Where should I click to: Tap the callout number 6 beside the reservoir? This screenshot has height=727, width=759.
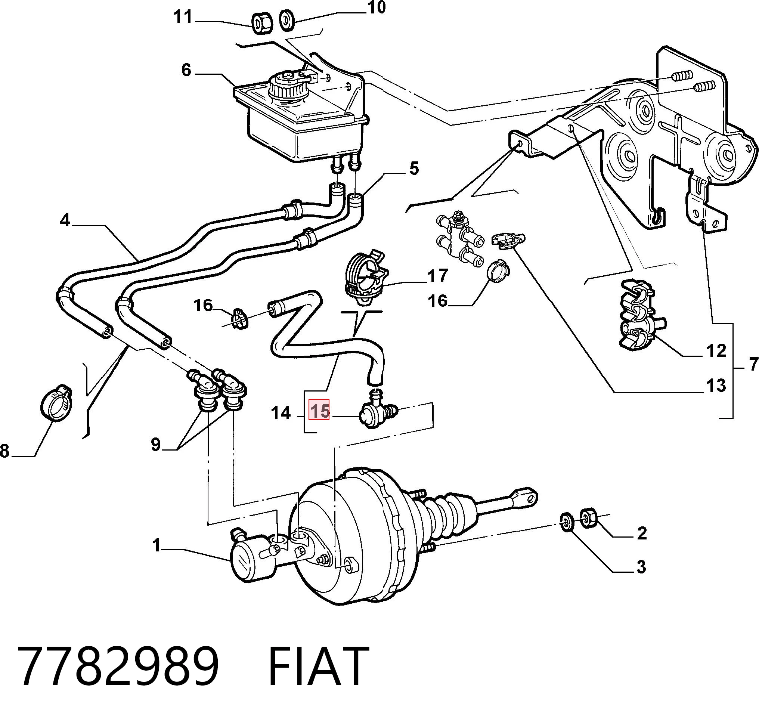point(186,70)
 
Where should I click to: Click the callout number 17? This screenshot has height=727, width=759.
point(438,276)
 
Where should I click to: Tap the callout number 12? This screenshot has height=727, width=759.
point(716,351)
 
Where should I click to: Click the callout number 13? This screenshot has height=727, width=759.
point(716,386)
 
